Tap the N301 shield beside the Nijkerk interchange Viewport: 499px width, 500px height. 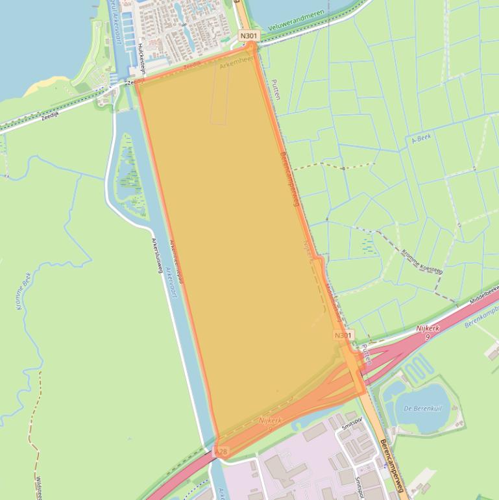[x=343, y=335]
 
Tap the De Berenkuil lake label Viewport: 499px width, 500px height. [x=422, y=408]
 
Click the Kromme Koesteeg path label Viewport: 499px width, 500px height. [x=422, y=261]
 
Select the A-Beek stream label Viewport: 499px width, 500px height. [x=421, y=139]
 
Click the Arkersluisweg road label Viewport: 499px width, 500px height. [x=156, y=255]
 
